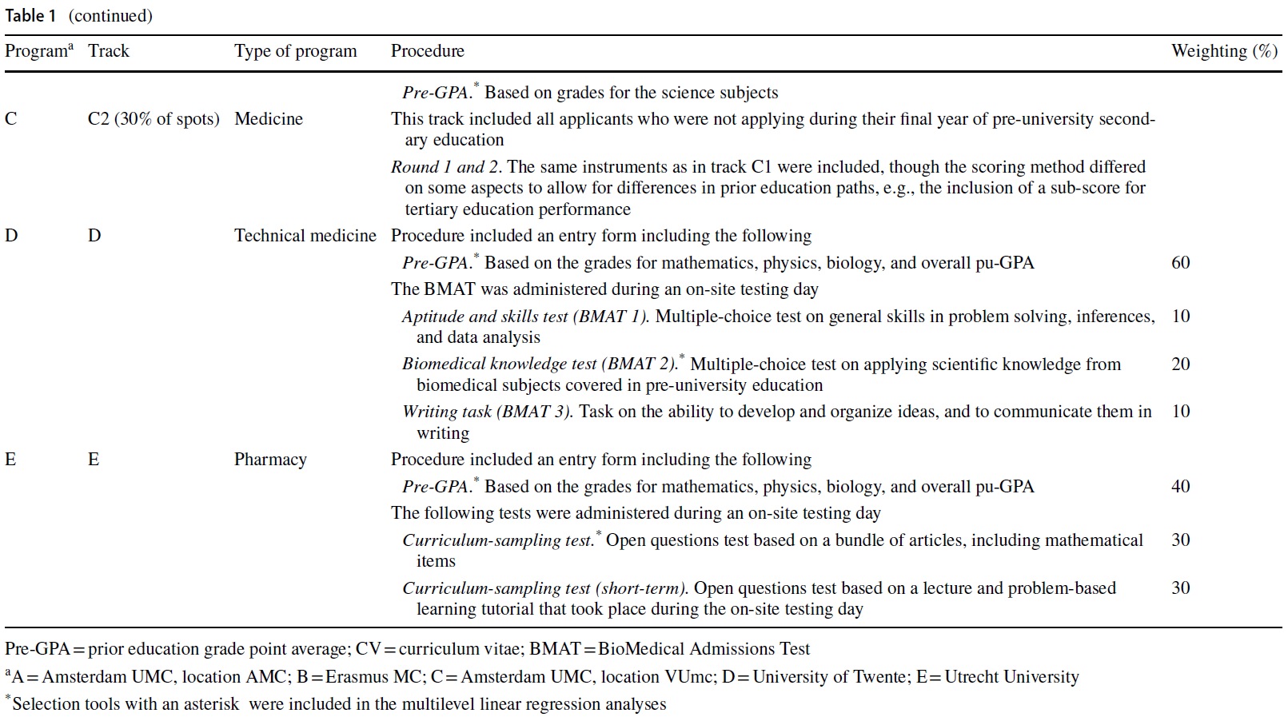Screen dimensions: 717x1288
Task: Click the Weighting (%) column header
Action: pyautogui.click(x=1224, y=51)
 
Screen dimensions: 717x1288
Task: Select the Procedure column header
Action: pyautogui.click(x=427, y=51)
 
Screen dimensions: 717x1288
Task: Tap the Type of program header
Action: pyautogui.click(x=295, y=51)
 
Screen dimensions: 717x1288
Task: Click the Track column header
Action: pyautogui.click(x=108, y=51)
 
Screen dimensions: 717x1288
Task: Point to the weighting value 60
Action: pyautogui.click(x=1180, y=263)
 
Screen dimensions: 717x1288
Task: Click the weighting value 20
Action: pyautogui.click(x=1180, y=364)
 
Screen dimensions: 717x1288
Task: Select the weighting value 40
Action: pyautogui.click(x=1180, y=487)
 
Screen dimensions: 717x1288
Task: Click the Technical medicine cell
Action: pyautogui.click(x=305, y=236)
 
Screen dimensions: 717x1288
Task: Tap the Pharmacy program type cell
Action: pyautogui.click(x=270, y=460)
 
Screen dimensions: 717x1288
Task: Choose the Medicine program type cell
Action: pyautogui.click(x=268, y=119)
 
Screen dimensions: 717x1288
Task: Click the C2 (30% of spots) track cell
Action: pyautogui.click(x=153, y=119)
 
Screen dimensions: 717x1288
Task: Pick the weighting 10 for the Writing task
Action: pyautogui.click(x=1180, y=412)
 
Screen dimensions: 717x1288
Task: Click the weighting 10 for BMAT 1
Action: pyautogui.click(x=1180, y=317)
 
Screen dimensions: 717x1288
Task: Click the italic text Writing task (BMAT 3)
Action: pyautogui.click(x=487, y=412)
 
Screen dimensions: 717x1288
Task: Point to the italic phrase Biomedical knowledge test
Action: pyautogui.click(x=499, y=364)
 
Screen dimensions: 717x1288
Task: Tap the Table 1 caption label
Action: pyautogui.click(x=30, y=16)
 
